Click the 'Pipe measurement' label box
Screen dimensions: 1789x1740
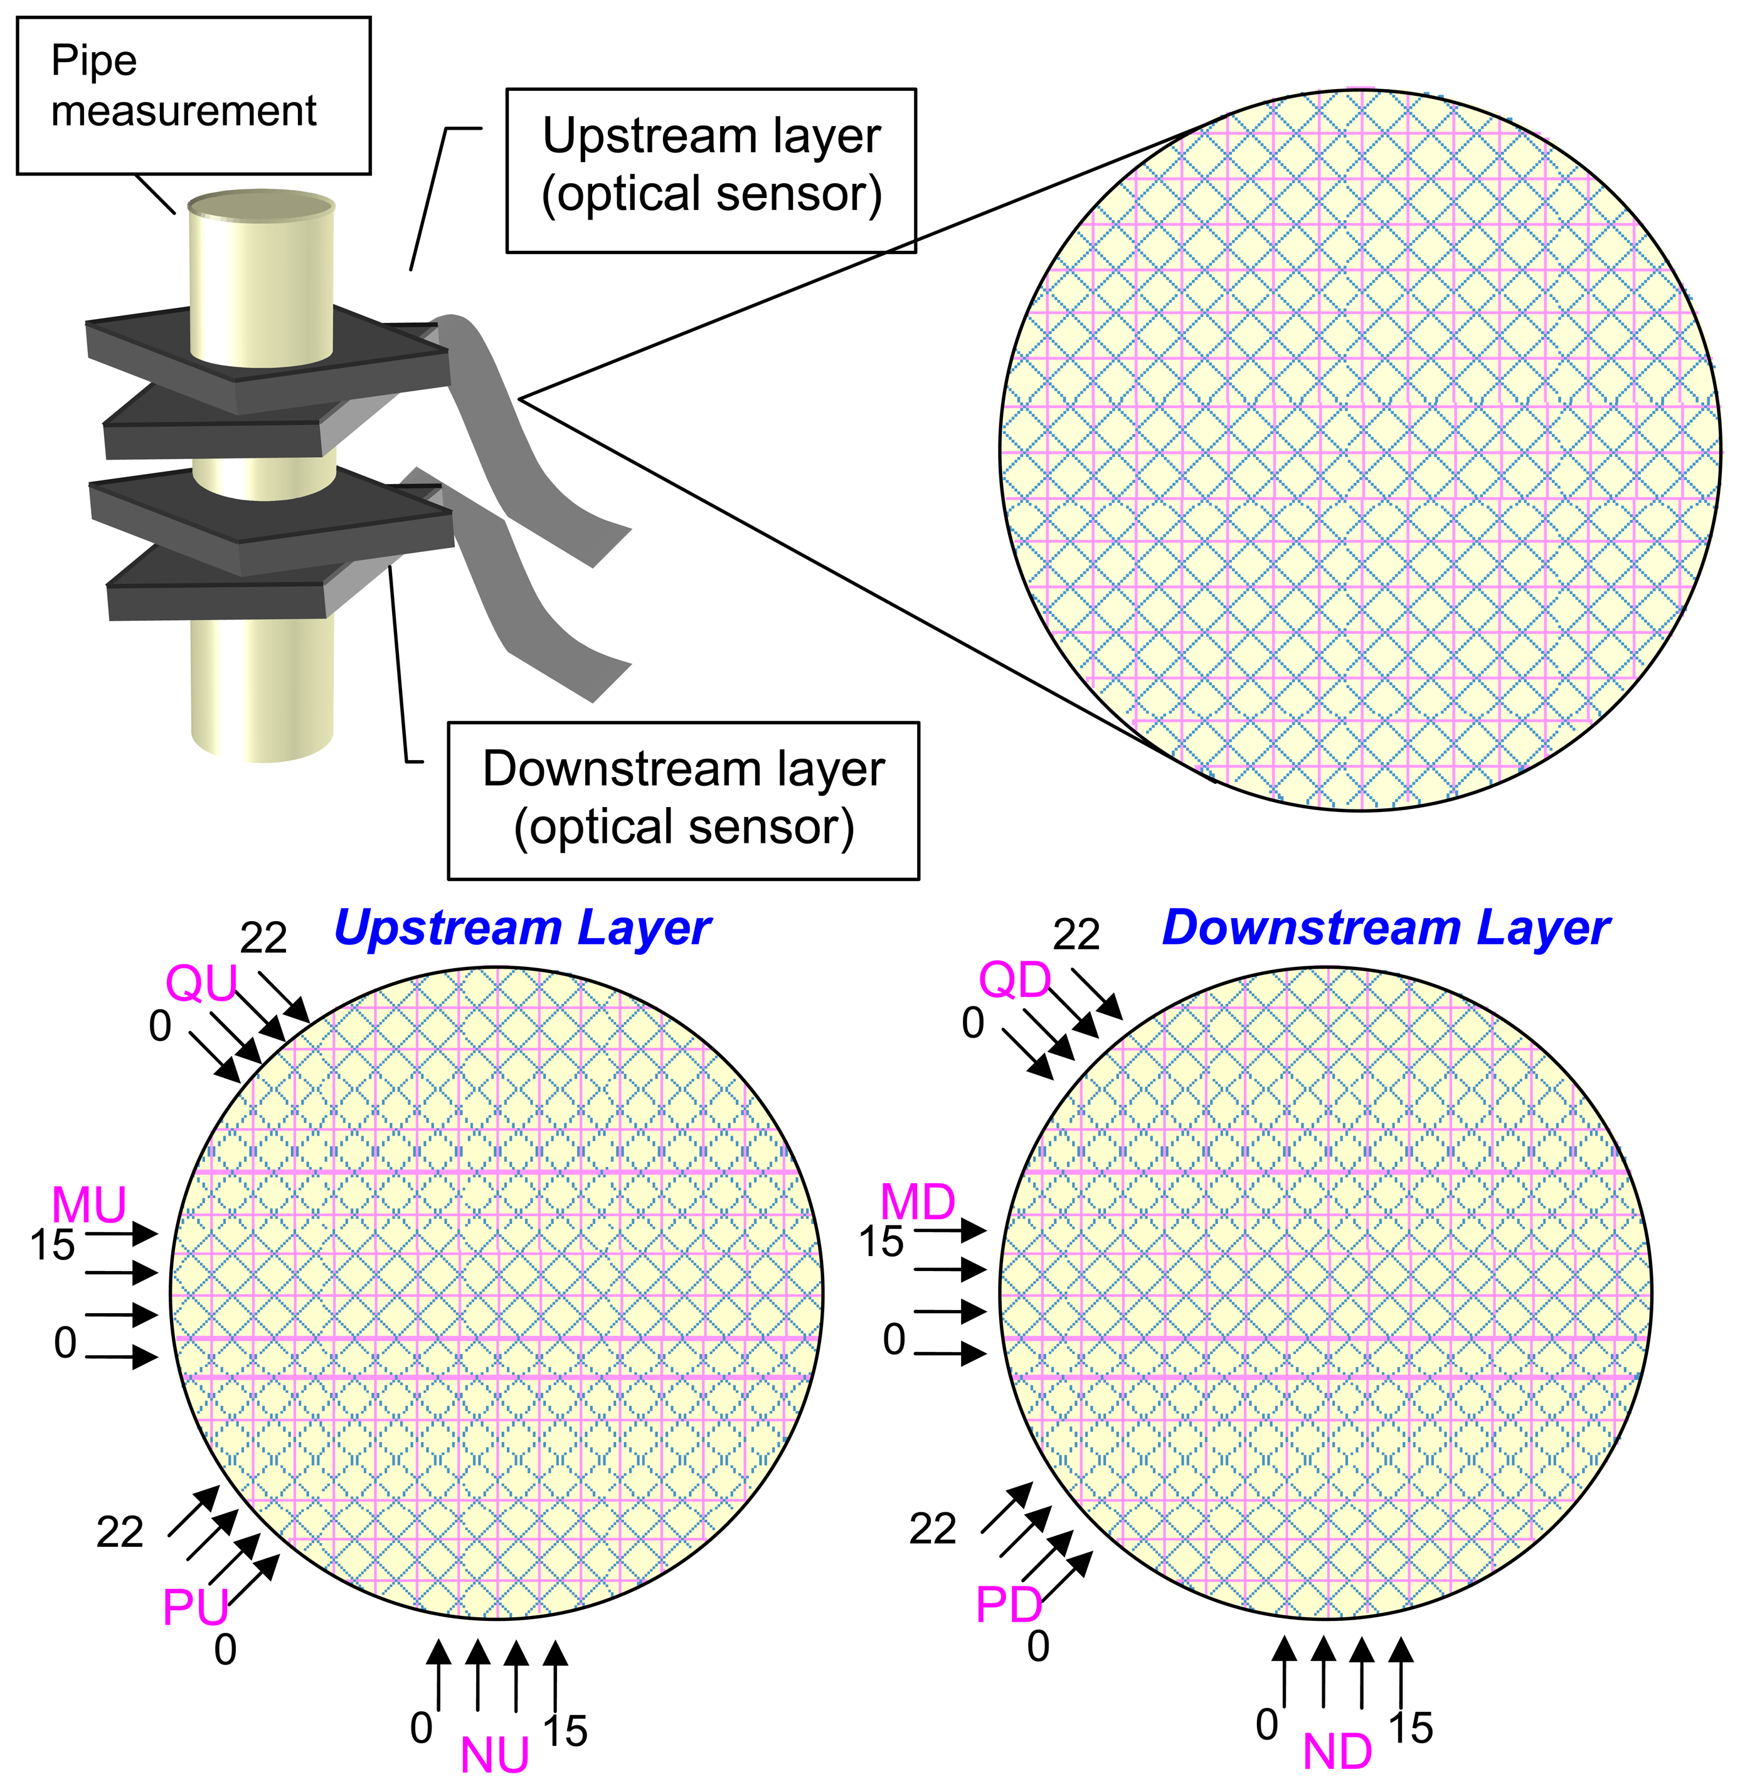194,95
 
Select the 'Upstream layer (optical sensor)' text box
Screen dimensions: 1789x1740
711,170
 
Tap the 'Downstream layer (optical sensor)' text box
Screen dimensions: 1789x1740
684,800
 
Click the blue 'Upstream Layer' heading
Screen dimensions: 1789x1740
522,928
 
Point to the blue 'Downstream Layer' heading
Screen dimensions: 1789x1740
1386,928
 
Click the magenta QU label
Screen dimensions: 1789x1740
201,983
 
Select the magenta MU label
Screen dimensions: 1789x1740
88,1205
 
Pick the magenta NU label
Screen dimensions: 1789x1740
494,1755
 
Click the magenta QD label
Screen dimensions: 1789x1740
1014,980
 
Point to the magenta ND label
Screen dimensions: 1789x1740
1337,1751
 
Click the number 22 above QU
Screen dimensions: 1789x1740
264,937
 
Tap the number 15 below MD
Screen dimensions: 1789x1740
881,1241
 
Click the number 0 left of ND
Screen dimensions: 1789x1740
1266,1724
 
